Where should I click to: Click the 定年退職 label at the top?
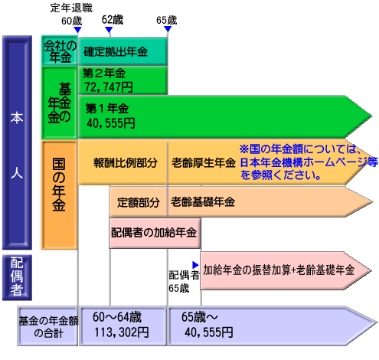click(x=71, y=8)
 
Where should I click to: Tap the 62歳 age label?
click(x=113, y=20)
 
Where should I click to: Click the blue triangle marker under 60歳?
click(x=77, y=30)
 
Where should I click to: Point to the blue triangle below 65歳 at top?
click(x=168, y=29)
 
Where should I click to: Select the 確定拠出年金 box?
click(x=123, y=51)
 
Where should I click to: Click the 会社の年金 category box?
click(x=59, y=51)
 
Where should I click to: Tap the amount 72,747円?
click(x=109, y=87)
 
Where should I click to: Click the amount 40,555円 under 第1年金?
click(x=111, y=123)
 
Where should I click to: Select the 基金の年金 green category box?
click(x=59, y=103)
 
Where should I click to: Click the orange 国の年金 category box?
click(x=59, y=195)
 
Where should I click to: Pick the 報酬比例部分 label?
click(x=126, y=163)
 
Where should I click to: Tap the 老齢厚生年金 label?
click(x=204, y=163)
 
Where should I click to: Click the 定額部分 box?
click(x=139, y=202)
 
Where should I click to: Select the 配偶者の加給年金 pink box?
click(x=155, y=233)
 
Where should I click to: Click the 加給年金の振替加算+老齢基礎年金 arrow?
click(x=286, y=270)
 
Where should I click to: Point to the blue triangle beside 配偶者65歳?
click(x=195, y=265)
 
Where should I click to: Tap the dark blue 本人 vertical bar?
click(x=17, y=142)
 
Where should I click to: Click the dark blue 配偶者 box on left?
click(x=17, y=277)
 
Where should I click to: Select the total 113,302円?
click(x=122, y=332)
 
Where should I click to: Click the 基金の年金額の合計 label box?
click(x=47, y=326)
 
